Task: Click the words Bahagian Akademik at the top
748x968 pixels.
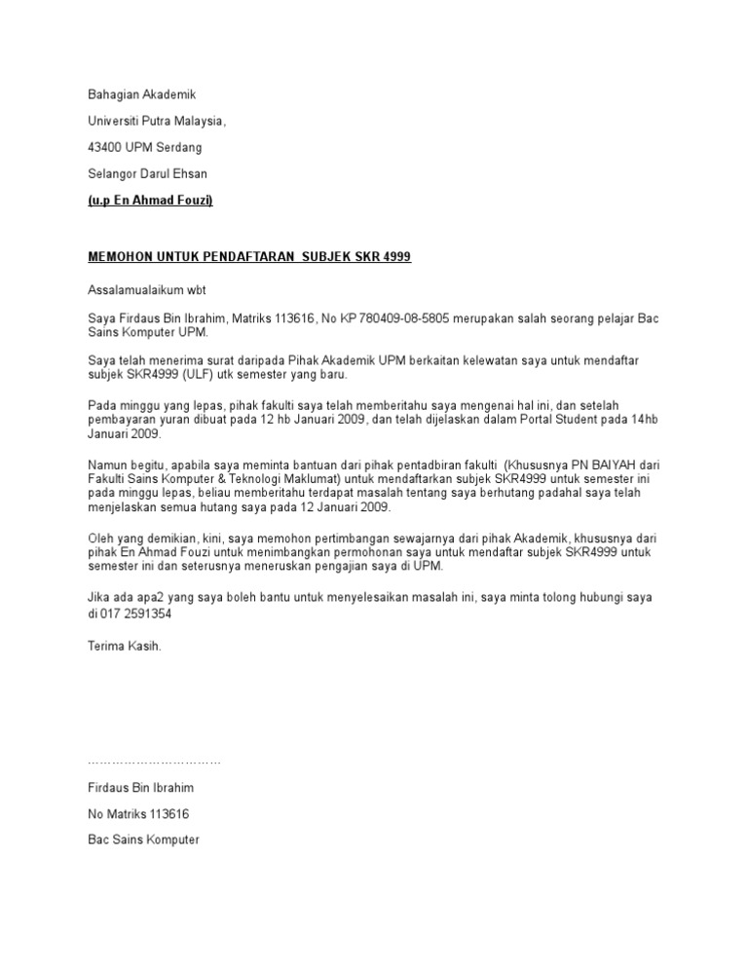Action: click(x=142, y=95)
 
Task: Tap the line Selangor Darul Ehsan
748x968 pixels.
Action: click(x=147, y=174)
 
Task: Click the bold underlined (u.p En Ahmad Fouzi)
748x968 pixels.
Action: click(x=150, y=201)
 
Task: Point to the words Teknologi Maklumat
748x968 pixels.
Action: click(x=290, y=480)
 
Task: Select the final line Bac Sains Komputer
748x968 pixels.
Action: click(x=142, y=838)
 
